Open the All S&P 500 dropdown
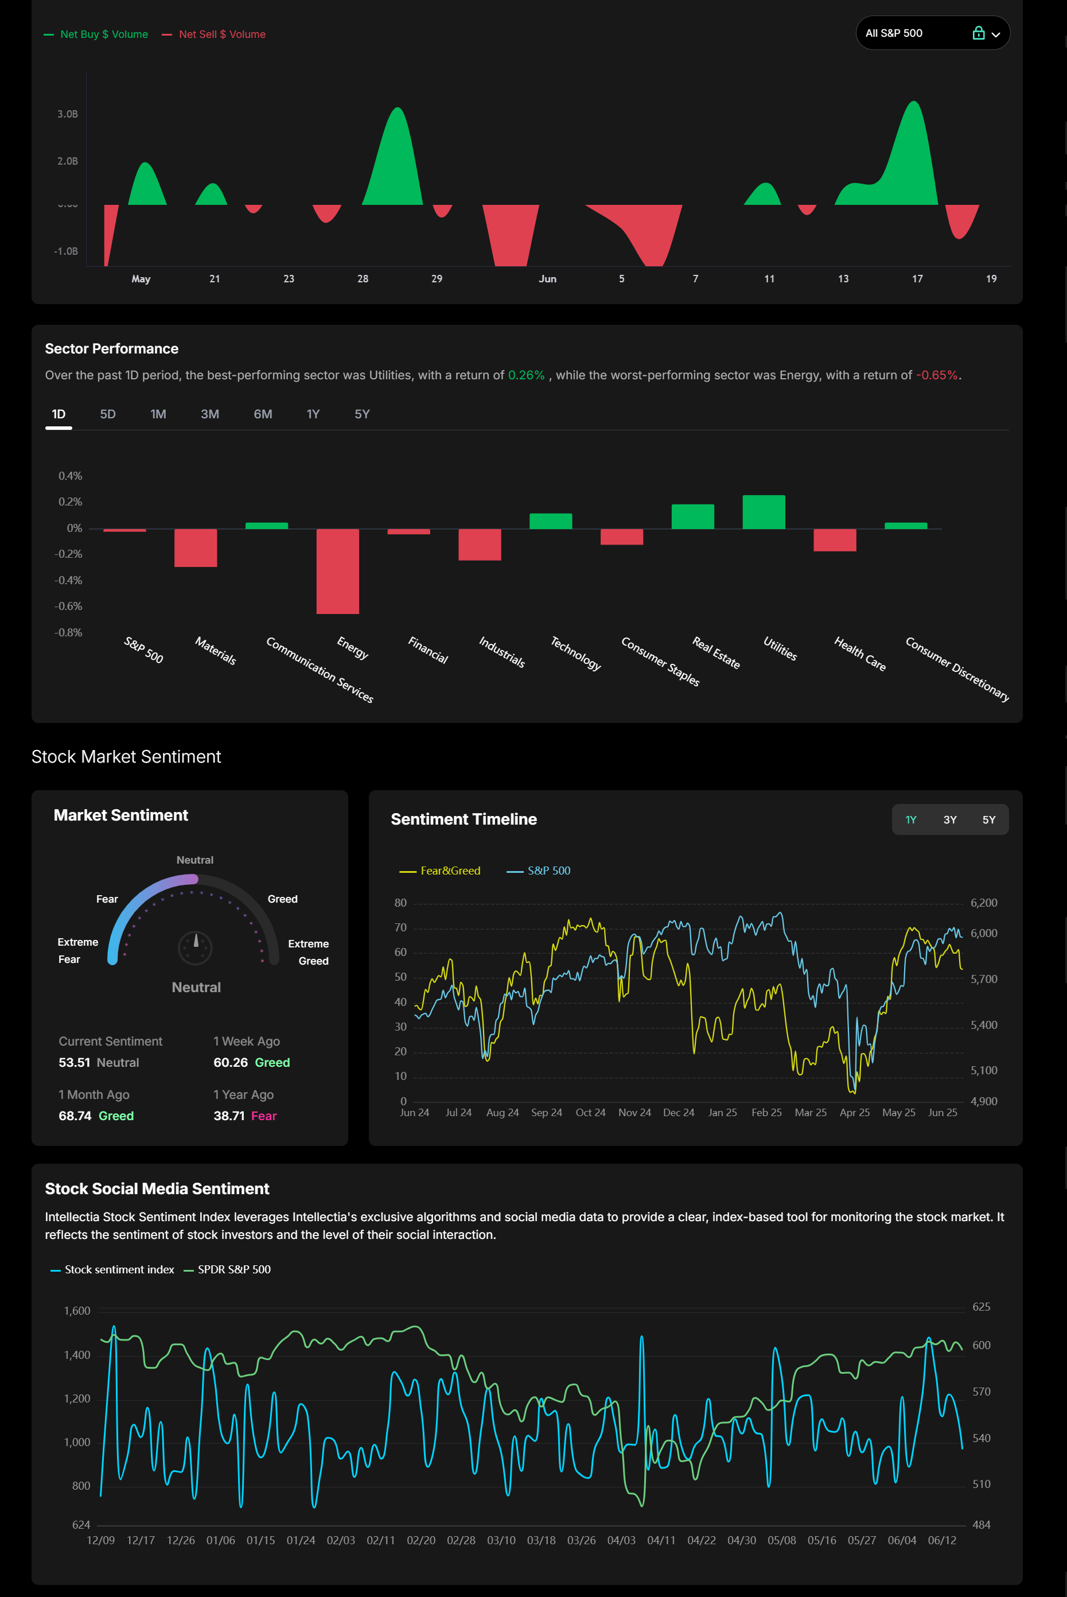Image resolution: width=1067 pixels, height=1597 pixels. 932,33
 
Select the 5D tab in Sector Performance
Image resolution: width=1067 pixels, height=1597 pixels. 107,414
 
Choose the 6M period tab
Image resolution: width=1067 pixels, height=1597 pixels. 263,414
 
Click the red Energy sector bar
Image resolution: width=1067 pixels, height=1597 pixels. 337,570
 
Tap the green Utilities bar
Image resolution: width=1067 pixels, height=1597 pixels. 764,512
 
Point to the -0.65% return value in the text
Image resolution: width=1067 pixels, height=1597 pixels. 936,375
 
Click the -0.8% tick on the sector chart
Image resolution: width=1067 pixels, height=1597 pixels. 68,632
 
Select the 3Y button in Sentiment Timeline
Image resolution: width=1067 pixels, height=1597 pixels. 949,819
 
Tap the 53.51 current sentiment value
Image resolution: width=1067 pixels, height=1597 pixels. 74,1063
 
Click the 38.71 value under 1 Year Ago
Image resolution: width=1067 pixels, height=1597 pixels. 229,1116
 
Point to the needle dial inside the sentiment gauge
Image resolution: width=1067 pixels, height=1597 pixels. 195,947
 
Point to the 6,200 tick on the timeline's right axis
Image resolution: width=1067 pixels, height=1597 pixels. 983,903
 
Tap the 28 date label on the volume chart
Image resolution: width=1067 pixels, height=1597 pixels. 363,279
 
